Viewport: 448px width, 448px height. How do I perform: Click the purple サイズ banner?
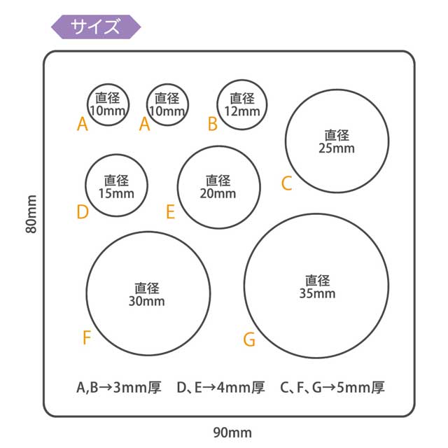pos(96,27)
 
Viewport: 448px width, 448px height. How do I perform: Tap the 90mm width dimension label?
pos(232,433)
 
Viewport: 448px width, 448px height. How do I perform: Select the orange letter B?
pos(213,124)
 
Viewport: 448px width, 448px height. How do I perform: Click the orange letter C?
pos(286,183)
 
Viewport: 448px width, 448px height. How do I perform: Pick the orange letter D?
pos(83,212)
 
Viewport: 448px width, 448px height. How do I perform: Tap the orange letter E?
pos(170,212)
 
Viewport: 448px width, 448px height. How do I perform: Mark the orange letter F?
pos(87,338)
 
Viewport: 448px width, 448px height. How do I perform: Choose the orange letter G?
pos(249,340)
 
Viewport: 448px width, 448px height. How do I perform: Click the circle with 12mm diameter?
pos(242,105)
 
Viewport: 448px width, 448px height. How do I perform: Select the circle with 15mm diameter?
pos(116,186)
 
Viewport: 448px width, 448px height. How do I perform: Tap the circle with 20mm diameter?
pos(218,187)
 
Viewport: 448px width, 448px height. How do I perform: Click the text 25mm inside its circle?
pos(337,148)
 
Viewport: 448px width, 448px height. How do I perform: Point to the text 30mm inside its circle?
pos(147,302)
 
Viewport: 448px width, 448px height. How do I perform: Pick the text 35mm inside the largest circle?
pos(317,294)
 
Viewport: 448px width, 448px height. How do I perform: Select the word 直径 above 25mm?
pos(337,135)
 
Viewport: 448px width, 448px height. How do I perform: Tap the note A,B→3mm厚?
pos(119,387)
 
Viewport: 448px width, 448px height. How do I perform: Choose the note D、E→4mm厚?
pos(220,387)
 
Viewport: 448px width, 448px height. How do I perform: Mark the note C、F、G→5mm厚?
pos(332,387)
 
